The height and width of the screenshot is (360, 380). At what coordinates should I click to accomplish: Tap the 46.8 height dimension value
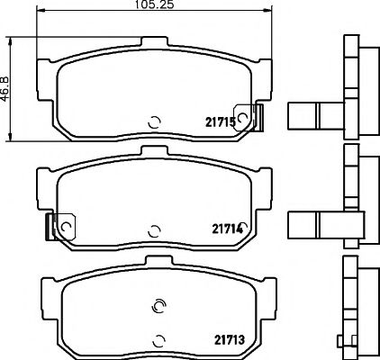tap(6, 90)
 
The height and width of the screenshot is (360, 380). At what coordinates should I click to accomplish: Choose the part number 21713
tap(231, 340)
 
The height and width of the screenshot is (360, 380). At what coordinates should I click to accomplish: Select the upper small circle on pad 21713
tap(158, 303)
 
